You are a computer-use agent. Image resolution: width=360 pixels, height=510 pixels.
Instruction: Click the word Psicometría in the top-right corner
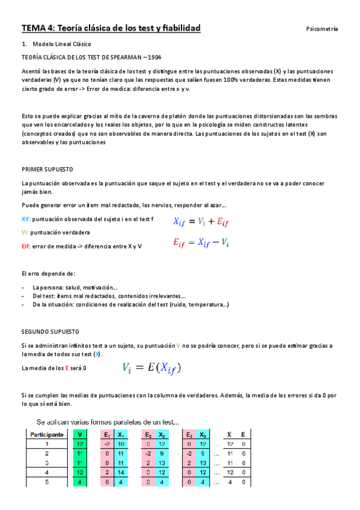tap(322, 29)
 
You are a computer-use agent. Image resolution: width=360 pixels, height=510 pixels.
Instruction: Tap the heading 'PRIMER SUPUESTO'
tap(47, 170)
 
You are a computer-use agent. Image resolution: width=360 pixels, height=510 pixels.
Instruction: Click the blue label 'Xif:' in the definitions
tap(26, 220)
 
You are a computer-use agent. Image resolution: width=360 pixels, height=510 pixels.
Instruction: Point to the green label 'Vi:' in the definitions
tap(25, 232)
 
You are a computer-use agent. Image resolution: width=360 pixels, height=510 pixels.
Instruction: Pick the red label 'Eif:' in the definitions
tap(26, 245)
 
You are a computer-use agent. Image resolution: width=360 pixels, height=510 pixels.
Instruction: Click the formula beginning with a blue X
tap(201, 222)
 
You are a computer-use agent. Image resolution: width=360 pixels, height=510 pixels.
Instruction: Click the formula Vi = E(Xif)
tap(151, 367)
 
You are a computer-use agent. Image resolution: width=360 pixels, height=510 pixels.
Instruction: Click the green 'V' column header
tap(81, 434)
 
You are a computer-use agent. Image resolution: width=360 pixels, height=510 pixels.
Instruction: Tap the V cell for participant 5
tap(81, 482)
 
